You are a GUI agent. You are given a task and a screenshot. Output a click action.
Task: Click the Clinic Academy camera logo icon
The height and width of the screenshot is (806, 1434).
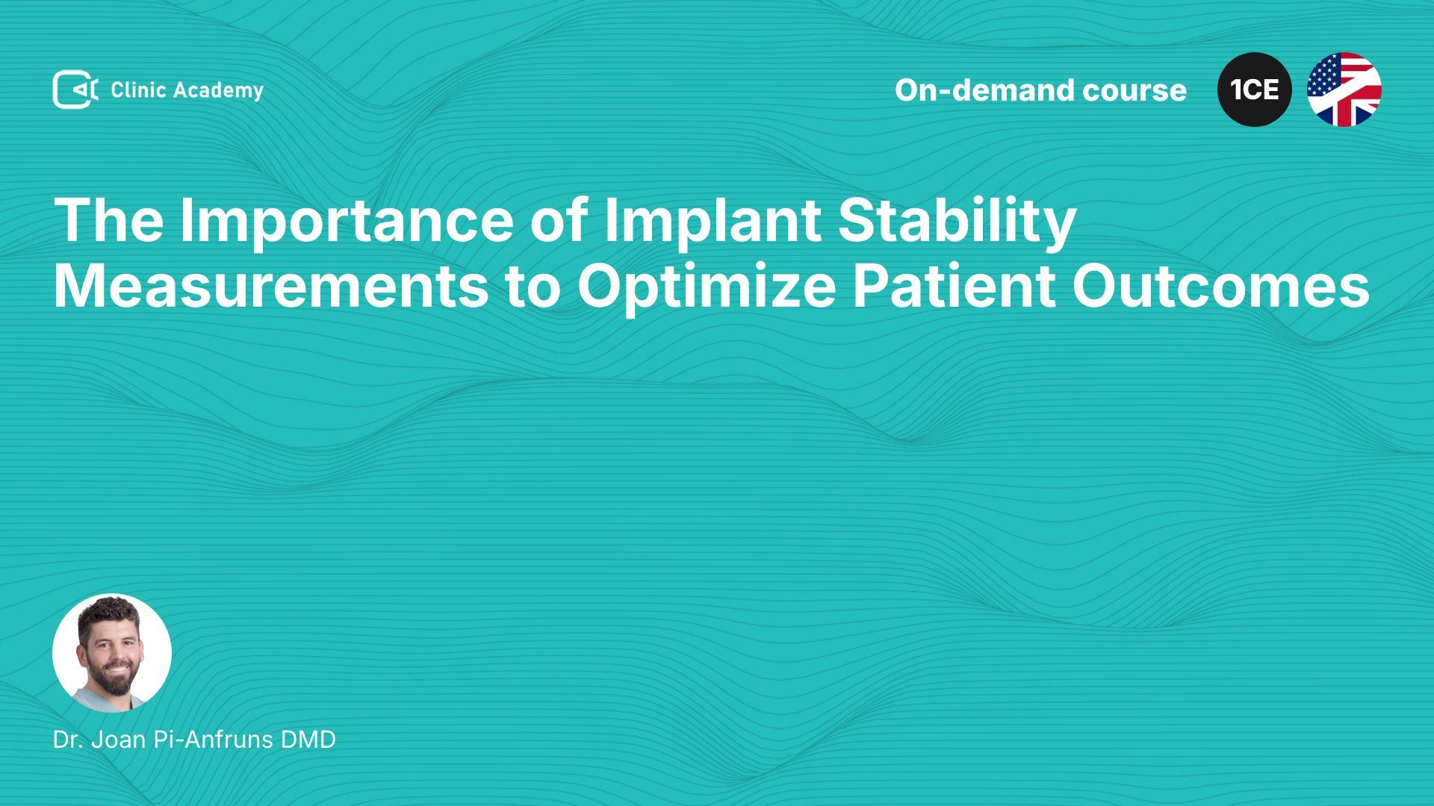pos(75,90)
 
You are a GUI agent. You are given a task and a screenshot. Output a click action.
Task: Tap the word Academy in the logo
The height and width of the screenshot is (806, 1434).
pos(218,91)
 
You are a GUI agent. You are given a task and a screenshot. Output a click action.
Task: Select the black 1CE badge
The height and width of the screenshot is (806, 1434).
pos(1255,90)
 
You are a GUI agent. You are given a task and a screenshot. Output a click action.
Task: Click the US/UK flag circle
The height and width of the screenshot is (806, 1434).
pos(1344,90)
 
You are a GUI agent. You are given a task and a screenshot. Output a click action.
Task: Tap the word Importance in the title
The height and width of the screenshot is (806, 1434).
pos(347,221)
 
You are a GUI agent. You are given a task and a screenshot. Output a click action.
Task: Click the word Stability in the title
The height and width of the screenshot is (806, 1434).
pos(957,221)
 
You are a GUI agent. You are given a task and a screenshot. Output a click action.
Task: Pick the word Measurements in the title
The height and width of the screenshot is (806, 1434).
pos(271,286)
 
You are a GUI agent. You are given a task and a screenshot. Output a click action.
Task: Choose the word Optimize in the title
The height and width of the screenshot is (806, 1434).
pos(707,287)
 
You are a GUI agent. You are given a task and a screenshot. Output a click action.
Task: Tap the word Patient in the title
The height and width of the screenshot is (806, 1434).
pos(954,286)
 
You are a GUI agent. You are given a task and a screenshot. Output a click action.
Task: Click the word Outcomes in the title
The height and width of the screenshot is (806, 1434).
pos(1221,286)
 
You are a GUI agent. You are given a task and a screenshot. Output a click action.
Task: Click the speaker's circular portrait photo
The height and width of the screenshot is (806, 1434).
pos(112,653)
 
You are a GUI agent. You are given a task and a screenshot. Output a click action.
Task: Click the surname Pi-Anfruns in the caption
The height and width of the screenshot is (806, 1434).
pos(213,740)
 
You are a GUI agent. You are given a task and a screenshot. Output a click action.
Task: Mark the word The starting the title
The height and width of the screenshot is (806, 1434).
pos(109,221)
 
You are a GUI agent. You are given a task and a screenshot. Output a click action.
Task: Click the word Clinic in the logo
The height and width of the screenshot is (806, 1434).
pos(138,90)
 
